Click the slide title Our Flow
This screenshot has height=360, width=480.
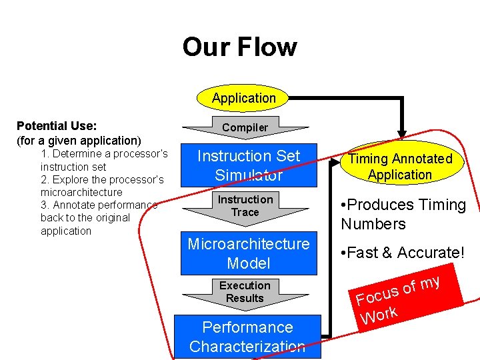[x=239, y=47]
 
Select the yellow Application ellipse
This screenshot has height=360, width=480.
[x=243, y=98]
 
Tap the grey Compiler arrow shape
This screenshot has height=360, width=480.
[x=245, y=127]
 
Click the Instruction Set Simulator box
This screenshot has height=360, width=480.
[x=249, y=165]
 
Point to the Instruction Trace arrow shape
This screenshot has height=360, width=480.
[x=245, y=206]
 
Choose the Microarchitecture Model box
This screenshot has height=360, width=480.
[x=249, y=253]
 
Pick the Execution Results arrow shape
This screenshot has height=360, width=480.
[x=245, y=292]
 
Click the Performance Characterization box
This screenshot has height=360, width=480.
[x=247, y=336]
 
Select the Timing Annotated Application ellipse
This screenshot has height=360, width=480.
[x=400, y=167]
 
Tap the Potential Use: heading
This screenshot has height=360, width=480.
[x=57, y=126]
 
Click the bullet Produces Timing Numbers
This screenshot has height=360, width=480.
[x=403, y=214]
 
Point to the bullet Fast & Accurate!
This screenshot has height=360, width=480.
[x=402, y=253]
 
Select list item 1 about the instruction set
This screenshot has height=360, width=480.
[x=103, y=160]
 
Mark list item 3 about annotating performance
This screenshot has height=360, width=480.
[x=99, y=218]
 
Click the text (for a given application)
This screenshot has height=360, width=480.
[x=79, y=141]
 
